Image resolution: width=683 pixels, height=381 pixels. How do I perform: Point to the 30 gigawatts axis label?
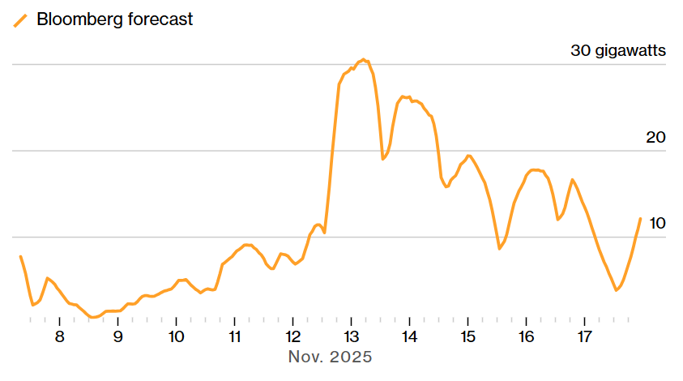(618, 51)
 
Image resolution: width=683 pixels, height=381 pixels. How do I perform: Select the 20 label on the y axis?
(655, 137)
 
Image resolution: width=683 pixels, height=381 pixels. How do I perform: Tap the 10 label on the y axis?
(657, 223)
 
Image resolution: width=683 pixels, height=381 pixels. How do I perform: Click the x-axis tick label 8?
(59, 336)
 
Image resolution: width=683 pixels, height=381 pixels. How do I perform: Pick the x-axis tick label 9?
(117, 336)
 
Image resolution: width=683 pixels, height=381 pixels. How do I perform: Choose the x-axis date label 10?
(176, 336)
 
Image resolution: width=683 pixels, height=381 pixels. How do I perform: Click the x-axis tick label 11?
(234, 336)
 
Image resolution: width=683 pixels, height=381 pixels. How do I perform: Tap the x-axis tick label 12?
(292, 336)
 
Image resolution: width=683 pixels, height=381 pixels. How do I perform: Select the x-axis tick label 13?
(351, 336)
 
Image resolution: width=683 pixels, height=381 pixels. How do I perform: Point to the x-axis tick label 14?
(409, 336)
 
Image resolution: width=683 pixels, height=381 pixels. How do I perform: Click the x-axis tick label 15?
(468, 336)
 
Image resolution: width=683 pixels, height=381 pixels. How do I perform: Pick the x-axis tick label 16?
(526, 336)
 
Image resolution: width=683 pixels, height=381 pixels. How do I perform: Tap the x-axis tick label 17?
(584, 336)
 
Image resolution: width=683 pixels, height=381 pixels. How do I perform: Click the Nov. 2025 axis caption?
(330, 357)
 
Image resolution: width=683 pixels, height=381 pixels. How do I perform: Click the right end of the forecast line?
(640, 218)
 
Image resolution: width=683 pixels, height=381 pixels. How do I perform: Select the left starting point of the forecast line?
(20, 256)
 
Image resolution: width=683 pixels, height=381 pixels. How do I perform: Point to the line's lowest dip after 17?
(617, 289)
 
